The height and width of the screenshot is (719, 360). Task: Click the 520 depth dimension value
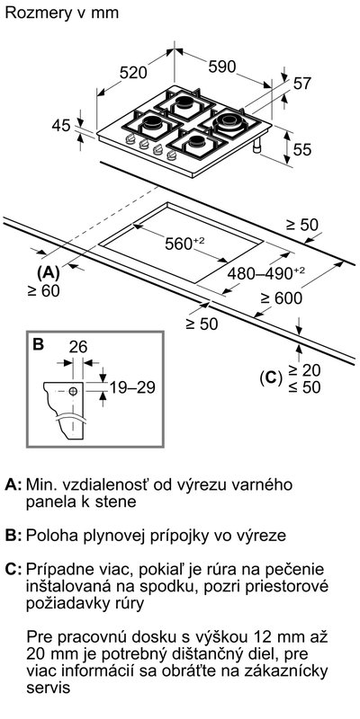point(133,73)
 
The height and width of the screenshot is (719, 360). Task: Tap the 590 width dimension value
point(222,67)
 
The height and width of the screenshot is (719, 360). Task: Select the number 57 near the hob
point(302,84)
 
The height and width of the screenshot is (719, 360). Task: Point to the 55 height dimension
point(302,149)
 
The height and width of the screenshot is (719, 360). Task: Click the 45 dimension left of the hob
point(61,125)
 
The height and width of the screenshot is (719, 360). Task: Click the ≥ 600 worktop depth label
point(282,298)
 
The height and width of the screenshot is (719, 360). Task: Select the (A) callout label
point(49,273)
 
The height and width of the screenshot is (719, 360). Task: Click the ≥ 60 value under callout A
point(44,290)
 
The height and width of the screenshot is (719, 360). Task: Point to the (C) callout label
point(270,377)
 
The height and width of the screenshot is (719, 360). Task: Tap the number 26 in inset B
point(77,347)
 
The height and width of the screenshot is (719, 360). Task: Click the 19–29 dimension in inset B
point(132,387)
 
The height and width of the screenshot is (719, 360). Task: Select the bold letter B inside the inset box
point(39,344)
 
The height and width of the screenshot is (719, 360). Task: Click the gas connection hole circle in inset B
point(73,391)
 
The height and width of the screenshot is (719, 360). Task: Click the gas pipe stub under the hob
point(256,146)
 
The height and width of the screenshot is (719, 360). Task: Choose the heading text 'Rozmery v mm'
point(62,13)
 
